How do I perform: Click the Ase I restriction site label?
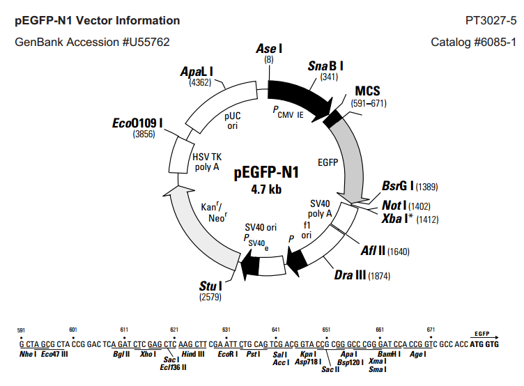point(269,49)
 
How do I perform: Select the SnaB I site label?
point(325,66)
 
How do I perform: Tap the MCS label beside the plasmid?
point(367,91)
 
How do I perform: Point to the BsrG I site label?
point(398,185)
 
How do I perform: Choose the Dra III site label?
point(350,275)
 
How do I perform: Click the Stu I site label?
point(210,286)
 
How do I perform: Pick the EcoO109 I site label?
point(137,123)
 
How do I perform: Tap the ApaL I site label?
point(196,72)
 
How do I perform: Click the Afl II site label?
point(373,250)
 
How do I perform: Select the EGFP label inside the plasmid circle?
point(327,162)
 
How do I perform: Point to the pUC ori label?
point(233,121)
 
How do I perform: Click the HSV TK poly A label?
point(207,162)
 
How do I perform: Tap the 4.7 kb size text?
point(266,190)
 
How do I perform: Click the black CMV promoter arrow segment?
point(300,98)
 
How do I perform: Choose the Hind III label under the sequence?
point(193,354)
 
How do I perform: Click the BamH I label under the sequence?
point(389,354)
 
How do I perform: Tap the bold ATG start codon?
point(476,344)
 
